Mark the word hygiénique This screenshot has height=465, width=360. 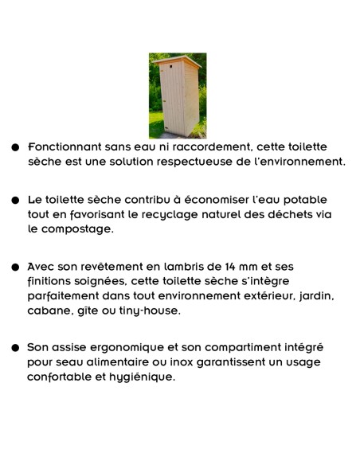click(139, 377)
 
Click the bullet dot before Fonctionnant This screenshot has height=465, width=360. click(15, 148)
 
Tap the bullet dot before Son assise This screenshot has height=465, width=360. click(15, 348)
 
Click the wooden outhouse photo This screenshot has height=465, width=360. click(177, 96)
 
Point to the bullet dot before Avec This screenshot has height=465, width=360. click(15, 267)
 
